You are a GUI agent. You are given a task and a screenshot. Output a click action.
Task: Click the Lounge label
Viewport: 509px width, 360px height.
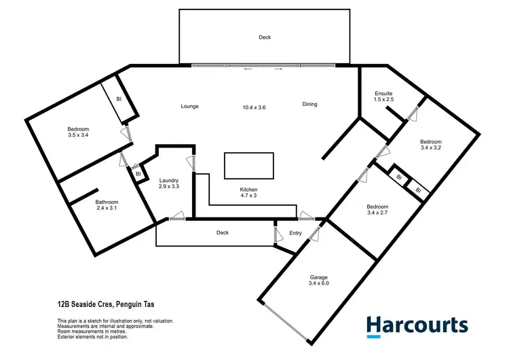point(189,107)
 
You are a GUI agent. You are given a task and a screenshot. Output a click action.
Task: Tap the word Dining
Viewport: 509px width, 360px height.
point(309,104)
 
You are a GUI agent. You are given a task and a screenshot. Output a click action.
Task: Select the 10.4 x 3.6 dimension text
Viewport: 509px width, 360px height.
point(254,107)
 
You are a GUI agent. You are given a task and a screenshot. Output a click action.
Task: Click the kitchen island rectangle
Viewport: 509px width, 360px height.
point(249,165)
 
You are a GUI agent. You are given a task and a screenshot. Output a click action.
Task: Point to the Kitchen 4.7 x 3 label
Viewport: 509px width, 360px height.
point(248,193)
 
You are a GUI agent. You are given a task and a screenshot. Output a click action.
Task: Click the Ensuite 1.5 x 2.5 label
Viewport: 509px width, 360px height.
point(384,96)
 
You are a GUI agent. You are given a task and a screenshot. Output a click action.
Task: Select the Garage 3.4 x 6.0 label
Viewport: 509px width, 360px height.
point(319,281)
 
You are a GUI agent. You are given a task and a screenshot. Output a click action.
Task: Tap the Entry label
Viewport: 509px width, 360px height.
point(295,233)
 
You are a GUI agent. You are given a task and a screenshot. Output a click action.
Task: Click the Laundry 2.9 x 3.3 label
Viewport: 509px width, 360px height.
point(168,183)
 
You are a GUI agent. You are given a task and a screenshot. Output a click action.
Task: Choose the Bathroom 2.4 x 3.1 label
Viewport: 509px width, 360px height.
point(107,205)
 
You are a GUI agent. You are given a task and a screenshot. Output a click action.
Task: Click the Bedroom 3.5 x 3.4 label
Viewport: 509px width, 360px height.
point(78,132)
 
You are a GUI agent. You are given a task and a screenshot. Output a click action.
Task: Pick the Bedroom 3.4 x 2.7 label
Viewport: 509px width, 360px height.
point(377,210)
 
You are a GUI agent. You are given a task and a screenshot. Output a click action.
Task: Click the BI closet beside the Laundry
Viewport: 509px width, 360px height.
point(138,174)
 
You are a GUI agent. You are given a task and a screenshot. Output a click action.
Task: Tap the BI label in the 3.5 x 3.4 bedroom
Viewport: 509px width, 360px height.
point(119,99)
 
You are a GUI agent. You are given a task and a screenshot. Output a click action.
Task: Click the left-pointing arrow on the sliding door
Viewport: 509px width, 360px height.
point(249,69)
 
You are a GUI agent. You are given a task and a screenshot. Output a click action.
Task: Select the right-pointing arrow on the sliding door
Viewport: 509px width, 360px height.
point(278,69)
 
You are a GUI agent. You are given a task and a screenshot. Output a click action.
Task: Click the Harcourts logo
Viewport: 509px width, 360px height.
point(417,325)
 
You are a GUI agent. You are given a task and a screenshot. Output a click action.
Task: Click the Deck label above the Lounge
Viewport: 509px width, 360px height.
point(265,37)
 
